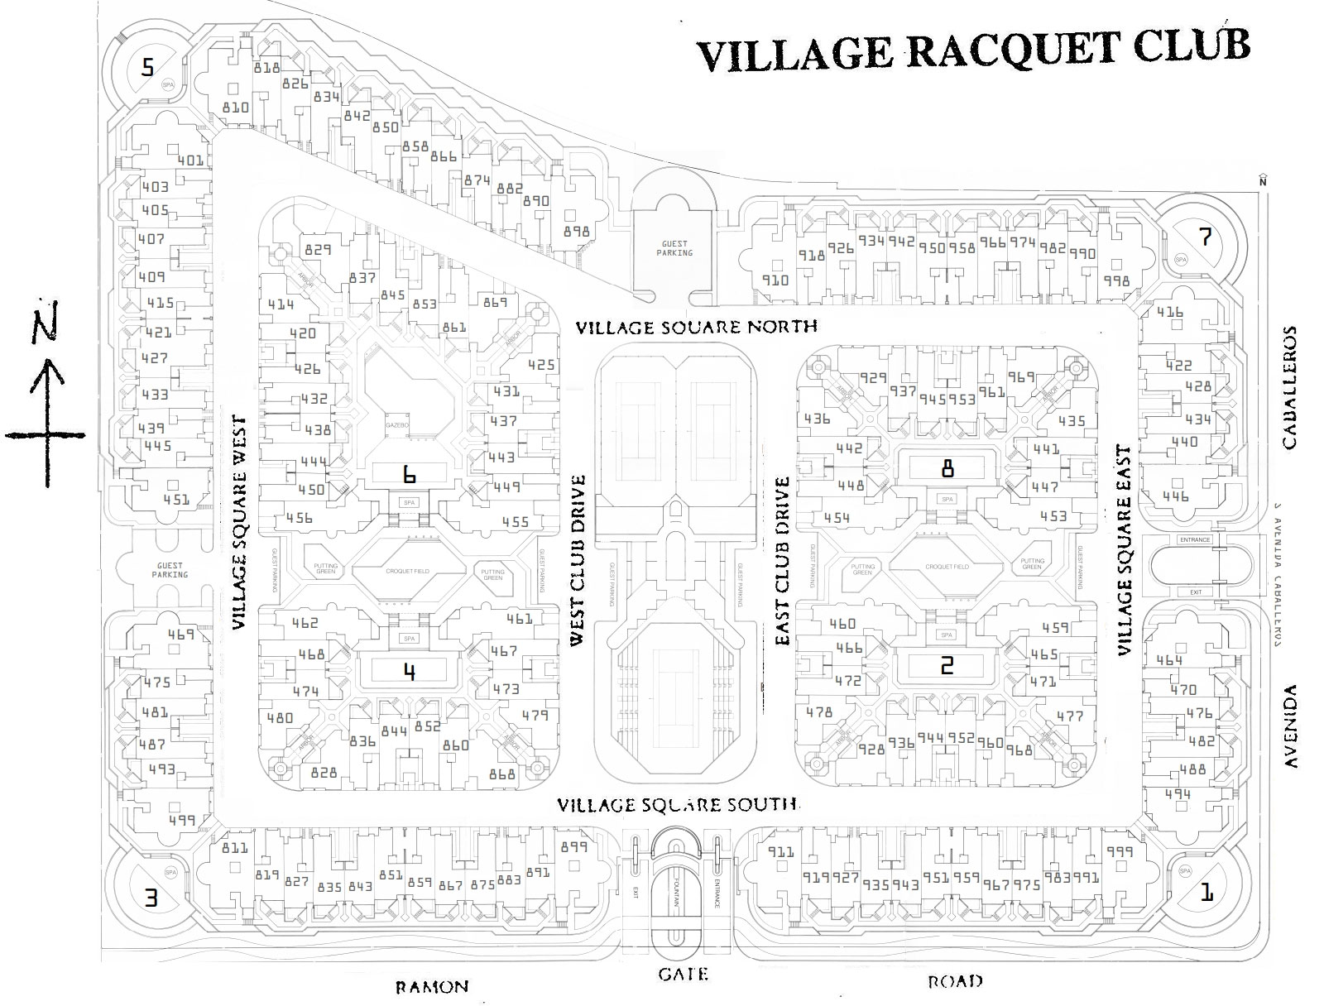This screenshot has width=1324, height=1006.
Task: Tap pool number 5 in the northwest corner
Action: [147, 67]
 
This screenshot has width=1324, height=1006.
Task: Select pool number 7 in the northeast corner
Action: [1205, 237]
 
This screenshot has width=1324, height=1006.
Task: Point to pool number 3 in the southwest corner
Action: [151, 898]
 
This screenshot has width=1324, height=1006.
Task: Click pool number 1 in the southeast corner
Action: [1207, 893]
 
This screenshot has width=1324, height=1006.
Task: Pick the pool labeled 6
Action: [408, 475]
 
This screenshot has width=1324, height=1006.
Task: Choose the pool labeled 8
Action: [947, 469]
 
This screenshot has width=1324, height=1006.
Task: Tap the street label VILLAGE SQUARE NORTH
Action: [697, 327]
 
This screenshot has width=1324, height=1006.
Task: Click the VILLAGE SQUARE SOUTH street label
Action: [677, 804]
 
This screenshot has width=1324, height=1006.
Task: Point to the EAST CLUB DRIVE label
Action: [781, 560]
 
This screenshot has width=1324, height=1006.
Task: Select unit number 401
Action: [190, 160]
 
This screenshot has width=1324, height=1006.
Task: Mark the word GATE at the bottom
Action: [684, 974]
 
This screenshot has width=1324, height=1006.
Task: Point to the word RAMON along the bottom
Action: [431, 986]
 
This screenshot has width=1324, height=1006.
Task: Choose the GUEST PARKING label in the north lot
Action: [674, 248]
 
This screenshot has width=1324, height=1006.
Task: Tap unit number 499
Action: [180, 821]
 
